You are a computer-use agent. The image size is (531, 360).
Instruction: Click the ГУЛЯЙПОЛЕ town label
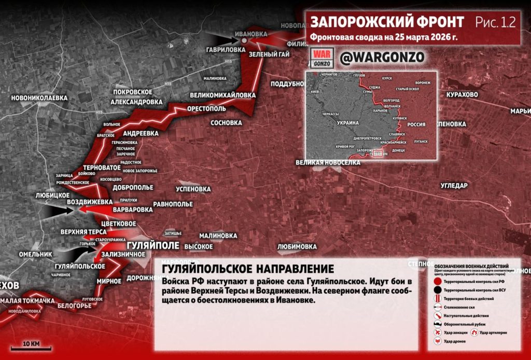(x=153, y=245)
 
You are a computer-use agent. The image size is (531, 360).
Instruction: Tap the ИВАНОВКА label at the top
(x=251, y=33)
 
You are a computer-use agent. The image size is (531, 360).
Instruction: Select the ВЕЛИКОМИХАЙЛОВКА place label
(x=223, y=95)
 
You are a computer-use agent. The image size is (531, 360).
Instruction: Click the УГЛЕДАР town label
(x=454, y=186)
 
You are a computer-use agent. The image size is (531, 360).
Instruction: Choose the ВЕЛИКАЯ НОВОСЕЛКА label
(x=328, y=162)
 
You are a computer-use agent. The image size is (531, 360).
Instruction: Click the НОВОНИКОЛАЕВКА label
(x=39, y=97)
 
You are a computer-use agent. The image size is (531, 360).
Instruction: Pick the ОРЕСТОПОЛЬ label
(x=206, y=109)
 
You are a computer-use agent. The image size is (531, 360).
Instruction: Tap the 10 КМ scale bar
(x=31, y=348)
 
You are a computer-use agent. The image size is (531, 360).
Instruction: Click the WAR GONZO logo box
(x=321, y=58)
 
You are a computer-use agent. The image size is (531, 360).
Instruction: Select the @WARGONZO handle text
(x=382, y=57)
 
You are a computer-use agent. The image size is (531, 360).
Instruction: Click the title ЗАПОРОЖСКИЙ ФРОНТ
(x=387, y=22)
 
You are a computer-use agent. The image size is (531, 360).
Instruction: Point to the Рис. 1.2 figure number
(x=495, y=22)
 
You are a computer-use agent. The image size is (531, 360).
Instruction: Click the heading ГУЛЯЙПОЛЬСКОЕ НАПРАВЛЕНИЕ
(x=248, y=269)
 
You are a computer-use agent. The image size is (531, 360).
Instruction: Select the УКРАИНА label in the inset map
(x=348, y=123)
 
